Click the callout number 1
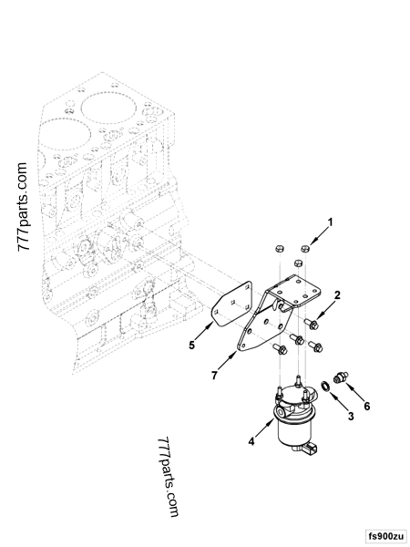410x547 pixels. pyautogui.click(x=331, y=222)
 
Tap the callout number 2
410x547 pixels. pyautogui.click(x=336, y=294)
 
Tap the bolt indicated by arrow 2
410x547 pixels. pyautogui.click(x=312, y=322)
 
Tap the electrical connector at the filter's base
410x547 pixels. pyautogui.click(x=313, y=449)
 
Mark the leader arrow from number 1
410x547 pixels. pyautogui.click(x=320, y=233)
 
